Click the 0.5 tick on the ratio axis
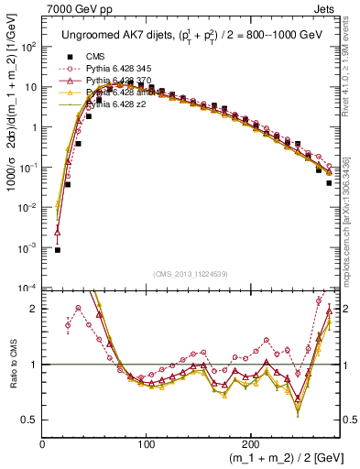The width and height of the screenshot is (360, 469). coord(32,420)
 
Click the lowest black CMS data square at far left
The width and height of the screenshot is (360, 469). coord(58,249)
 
